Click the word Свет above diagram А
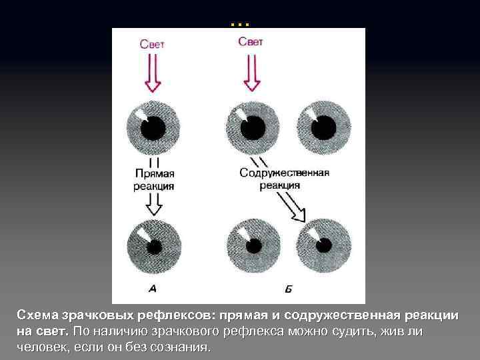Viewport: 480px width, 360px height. pyautogui.click(x=152, y=45)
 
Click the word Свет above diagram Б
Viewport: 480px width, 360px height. pyautogui.click(x=251, y=41)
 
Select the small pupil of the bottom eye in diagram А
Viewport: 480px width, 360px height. pyautogui.click(x=154, y=246)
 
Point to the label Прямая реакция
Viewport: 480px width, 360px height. pyautogui.click(x=154, y=179)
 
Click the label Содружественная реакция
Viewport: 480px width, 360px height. pyautogui.click(x=284, y=178)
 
